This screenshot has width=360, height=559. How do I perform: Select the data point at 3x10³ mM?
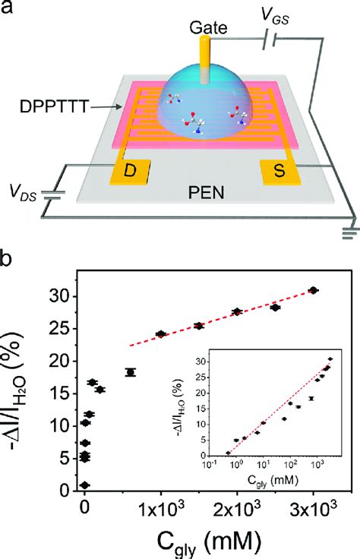[x=313, y=290]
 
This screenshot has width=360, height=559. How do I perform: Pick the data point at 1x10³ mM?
[x=161, y=334]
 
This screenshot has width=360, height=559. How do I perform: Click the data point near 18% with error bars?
[x=131, y=372]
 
